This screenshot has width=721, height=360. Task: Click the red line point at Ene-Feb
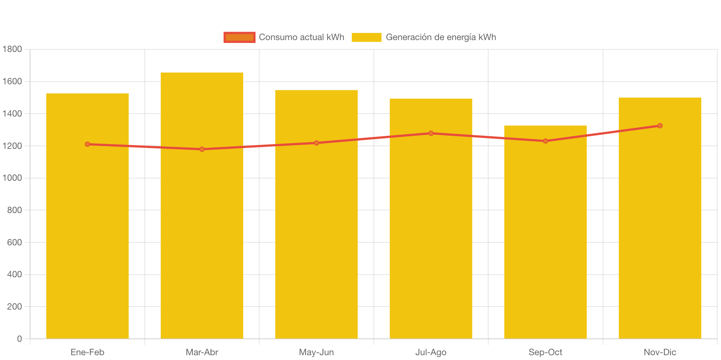(87, 144)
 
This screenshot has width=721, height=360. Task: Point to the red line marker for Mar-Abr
(202, 149)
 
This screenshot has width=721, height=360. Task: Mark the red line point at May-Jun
(316, 143)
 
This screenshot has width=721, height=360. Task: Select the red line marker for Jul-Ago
(431, 133)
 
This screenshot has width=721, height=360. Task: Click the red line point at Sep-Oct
(545, 141)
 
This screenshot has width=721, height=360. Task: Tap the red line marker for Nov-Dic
(660, 126)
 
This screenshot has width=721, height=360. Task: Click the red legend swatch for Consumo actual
(239, 37)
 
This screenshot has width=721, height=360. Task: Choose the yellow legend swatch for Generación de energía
(366, 37)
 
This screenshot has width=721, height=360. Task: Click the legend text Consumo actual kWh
(301, 37)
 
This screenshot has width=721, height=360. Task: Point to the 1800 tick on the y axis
(12, 49)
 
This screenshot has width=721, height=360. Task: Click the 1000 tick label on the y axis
(12, 178)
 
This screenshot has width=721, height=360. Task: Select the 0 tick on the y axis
(19, 339)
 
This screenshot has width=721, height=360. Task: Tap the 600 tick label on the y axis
(14, 242)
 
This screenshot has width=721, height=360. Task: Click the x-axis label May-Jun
(316, 352)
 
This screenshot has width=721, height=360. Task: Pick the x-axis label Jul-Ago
(431, 352)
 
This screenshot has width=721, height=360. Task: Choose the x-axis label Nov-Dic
(660, 352)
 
